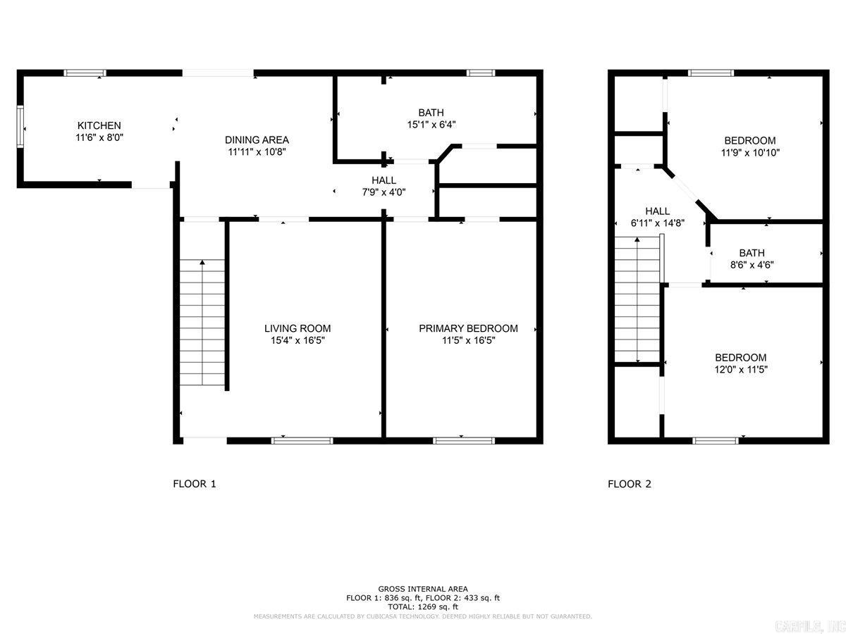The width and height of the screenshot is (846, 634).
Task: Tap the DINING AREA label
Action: pos(257,139)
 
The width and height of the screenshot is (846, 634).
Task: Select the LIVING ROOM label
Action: pos(297,328)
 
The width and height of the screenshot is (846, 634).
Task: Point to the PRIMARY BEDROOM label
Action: pos(468,328)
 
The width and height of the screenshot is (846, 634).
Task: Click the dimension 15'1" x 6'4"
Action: pos(431,124)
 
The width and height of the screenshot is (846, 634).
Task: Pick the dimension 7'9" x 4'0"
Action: pos(384,192)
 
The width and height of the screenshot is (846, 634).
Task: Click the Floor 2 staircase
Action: pos(637,300)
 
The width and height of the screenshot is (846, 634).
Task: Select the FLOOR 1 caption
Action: pos(195,484)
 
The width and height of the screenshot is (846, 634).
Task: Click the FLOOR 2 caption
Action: pos(630,484)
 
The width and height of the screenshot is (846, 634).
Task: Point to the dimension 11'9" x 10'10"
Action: pos(750,152)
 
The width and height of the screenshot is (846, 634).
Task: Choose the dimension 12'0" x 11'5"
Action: pos(740,369)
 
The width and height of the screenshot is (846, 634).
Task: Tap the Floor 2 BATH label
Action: pos(752,253)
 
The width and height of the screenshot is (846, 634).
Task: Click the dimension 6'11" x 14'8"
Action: pos(657,223)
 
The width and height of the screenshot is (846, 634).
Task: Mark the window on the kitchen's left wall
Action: pos(20,126)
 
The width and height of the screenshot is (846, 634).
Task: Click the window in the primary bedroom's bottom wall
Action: pos(463,441)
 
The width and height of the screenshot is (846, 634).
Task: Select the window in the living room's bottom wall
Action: pos(302,441)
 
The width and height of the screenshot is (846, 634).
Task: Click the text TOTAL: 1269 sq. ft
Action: pos(422,607)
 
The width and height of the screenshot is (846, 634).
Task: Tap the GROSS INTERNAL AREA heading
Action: pos(422,589)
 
